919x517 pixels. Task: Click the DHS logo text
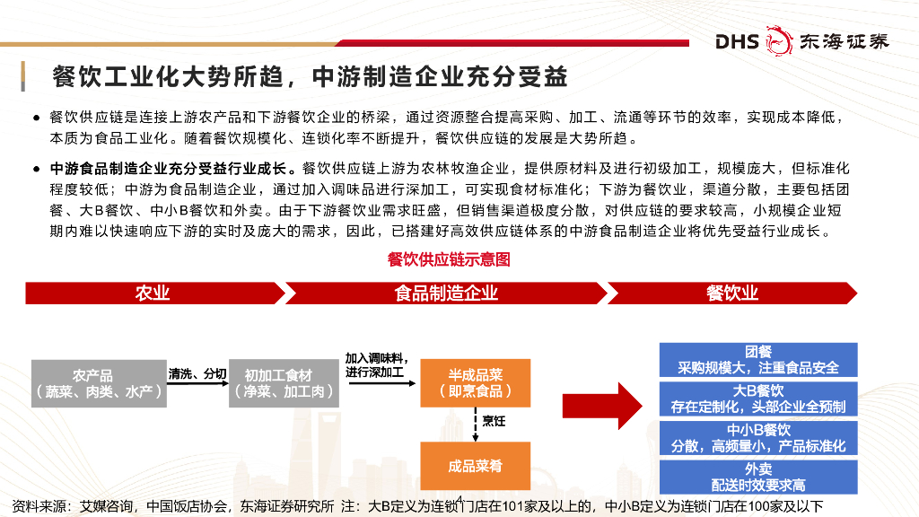[x=738, y=40]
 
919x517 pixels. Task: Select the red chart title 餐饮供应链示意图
[x=449, y=259]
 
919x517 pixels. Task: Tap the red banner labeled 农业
[x=153, y=294]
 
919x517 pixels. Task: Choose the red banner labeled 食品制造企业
[x=446, y=294]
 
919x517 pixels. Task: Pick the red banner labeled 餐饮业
[x=731, y=294]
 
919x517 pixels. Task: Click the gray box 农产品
[x=99, y=383]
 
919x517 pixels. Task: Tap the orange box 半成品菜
[x=475, y=383]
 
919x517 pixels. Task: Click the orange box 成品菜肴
[x=475, y=466]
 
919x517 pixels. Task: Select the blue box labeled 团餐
[x=758, y=359]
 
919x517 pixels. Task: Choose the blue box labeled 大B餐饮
[x=758, y=399]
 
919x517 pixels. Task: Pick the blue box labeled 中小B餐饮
[x=758, y=438]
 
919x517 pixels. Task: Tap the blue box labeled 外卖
[x=758, y=477]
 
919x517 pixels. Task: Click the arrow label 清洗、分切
[x=197, y=372]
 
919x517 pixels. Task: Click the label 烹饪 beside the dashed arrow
[x=495, y=420]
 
